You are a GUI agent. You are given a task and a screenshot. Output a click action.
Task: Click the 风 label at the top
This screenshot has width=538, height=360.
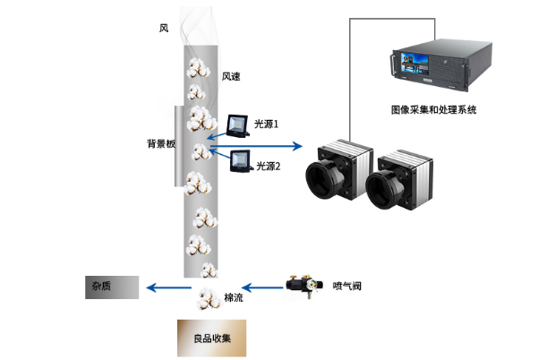(x=164, y=29)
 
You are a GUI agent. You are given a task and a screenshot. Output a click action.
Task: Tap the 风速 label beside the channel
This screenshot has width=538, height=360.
(x=231, y=76)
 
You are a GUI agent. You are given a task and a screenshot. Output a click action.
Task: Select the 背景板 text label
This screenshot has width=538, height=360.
(x=160, y=143)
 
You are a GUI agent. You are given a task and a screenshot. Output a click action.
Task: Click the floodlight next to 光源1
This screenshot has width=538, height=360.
(x=238, y=124)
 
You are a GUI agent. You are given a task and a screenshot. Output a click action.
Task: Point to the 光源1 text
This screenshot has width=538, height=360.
(x=266, y=124)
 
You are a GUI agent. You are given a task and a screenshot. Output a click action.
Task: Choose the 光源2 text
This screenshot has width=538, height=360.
(x=269, y=166)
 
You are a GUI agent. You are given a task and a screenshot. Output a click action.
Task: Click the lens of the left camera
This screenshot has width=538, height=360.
(x=324, y=177)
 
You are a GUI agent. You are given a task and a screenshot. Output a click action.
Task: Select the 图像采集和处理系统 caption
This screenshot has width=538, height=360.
(x=434, y=110)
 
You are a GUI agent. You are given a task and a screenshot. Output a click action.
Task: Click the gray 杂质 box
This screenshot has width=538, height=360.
(x=112, y=287)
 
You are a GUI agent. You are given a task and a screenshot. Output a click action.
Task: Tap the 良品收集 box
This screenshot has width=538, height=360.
(x=211, y=339)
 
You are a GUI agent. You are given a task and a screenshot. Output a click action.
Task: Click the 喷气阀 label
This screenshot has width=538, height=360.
(x=346, y=287)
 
